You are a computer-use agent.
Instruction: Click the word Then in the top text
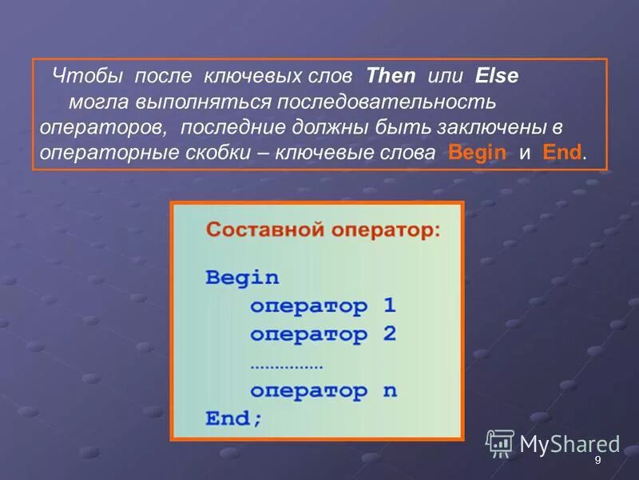pos(391,77)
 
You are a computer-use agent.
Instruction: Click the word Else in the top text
pos(497,77)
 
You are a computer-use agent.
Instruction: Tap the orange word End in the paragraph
pos(562,153)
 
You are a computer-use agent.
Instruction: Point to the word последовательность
pos(387,102)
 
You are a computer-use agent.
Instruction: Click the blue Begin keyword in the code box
pos(242,278)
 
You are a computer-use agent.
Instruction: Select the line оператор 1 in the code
pos(323,306)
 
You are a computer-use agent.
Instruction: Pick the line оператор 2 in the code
pos(323,334)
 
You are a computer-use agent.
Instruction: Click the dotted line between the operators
pos(286,366)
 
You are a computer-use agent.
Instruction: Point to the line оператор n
pos(323,391)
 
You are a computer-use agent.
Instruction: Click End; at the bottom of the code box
pos(233,418)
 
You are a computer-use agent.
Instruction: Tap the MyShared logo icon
pos(500,442)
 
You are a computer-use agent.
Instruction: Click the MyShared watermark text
pos(570,444)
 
